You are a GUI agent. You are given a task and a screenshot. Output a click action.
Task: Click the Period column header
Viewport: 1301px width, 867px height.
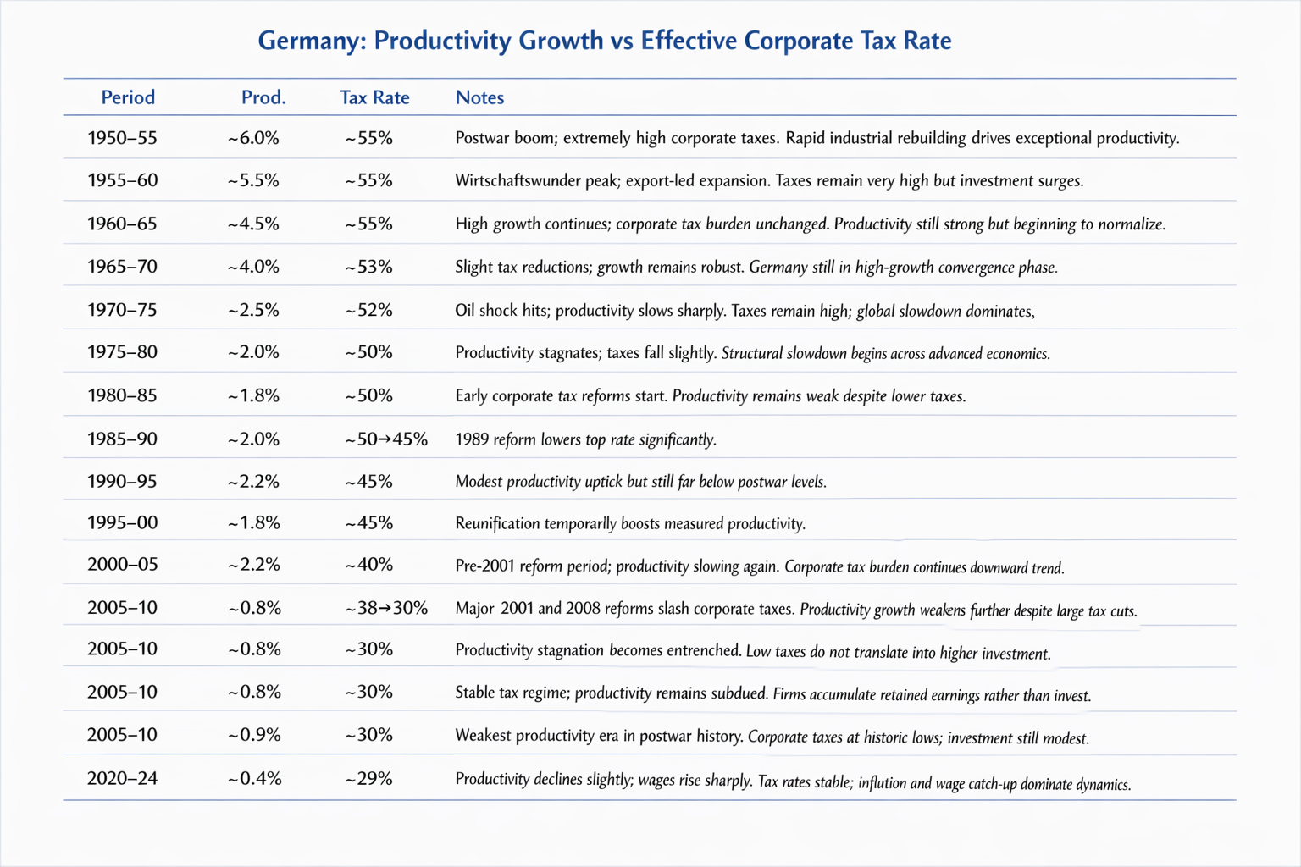128,97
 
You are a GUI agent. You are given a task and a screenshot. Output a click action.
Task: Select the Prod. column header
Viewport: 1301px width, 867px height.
263,97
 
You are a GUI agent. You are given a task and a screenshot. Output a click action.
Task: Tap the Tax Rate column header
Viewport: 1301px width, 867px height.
374,97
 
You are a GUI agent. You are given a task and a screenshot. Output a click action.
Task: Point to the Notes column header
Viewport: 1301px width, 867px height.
479,97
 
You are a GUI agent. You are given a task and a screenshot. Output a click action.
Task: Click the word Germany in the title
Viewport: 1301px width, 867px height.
310,41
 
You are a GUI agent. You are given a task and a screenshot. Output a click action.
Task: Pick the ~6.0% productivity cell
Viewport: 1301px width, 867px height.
253,138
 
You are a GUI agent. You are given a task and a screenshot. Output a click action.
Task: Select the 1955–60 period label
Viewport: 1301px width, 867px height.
122,180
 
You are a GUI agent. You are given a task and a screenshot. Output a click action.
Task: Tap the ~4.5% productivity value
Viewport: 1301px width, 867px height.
253,224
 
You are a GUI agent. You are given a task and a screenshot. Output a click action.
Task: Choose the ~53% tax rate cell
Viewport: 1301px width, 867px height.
368,267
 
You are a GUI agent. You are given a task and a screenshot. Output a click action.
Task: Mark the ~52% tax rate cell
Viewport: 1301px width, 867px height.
368,310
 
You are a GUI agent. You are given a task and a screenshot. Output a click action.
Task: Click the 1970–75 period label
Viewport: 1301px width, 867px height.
122,310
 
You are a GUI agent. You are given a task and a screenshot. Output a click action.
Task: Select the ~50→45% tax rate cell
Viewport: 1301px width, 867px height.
386,439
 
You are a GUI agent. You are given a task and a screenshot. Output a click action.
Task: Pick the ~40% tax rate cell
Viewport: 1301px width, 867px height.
368,565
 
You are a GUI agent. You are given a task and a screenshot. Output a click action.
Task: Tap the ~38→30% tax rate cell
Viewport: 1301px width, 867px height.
386,608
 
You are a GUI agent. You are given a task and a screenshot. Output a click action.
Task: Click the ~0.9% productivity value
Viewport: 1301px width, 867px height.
254,735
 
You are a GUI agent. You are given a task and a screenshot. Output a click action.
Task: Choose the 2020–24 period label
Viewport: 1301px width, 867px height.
122,778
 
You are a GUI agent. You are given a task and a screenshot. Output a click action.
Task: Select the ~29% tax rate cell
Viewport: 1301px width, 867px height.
368,778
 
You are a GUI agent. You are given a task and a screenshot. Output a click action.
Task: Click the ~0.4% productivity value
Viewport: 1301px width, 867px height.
254,778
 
